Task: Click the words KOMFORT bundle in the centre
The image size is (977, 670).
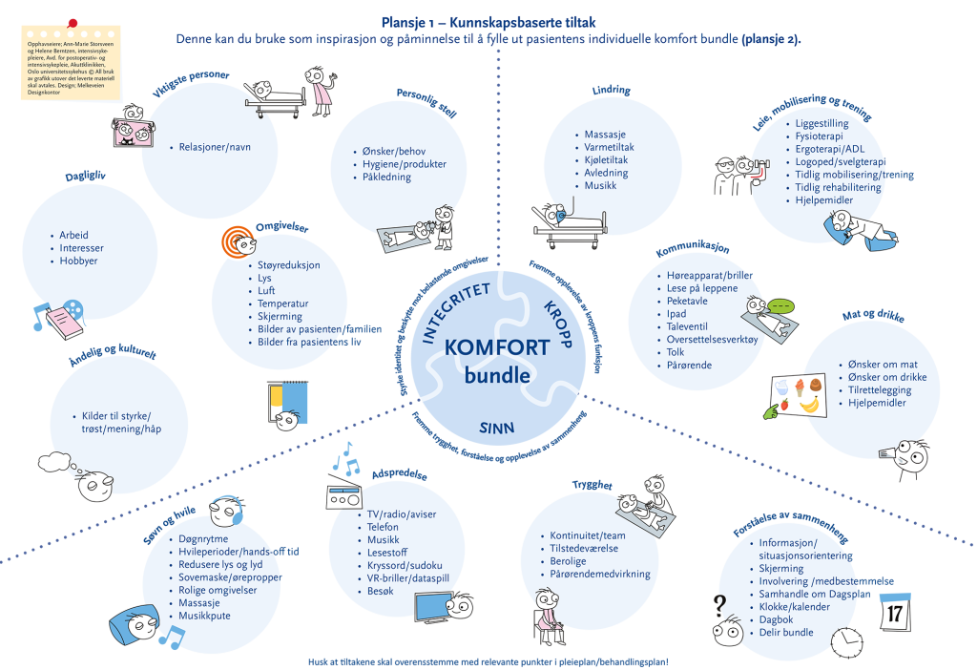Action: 496,361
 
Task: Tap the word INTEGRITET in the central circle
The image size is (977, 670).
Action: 455,311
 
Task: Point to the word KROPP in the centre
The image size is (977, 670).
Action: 557,325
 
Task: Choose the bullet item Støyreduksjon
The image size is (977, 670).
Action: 289,264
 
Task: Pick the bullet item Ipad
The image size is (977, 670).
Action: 676,314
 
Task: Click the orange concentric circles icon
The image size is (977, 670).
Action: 236,241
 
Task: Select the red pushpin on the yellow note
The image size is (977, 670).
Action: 72,22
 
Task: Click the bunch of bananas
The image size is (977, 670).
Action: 811,405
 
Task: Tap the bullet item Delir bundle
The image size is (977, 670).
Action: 785,633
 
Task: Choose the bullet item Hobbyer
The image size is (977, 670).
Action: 78,262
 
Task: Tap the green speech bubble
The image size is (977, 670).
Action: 781,306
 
